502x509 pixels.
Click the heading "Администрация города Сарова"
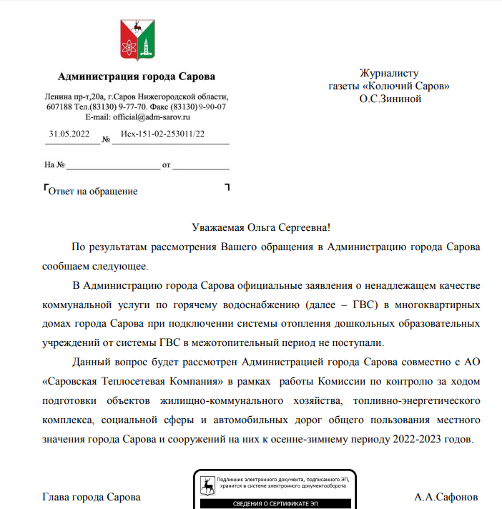pyautogui.click(x=136, y=77)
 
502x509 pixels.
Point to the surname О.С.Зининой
pyautogui.click(x=390, y=99)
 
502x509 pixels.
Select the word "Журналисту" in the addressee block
pyautogui.click(x=389, y=73)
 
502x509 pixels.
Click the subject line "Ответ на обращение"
pyautogui.click(x=92, y=191)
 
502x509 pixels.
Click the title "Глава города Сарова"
pyautogui.click(x=92, y=497)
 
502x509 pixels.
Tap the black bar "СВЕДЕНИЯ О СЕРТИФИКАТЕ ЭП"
pyautogui.click(x=276, y=505)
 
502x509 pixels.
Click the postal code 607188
pyautogui.click(x=60, y=107)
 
